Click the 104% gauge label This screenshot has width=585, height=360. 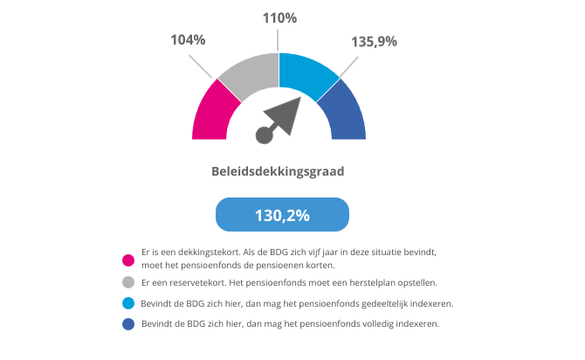188,40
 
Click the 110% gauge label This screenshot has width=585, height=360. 279,17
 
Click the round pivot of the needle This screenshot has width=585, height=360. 265,134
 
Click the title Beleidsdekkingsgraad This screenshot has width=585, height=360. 278,171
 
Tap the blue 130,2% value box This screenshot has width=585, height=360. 282,214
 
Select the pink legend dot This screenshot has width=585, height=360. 128,259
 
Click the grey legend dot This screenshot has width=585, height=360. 128,282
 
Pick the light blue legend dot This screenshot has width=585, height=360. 128,303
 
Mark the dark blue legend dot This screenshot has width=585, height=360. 128,324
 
